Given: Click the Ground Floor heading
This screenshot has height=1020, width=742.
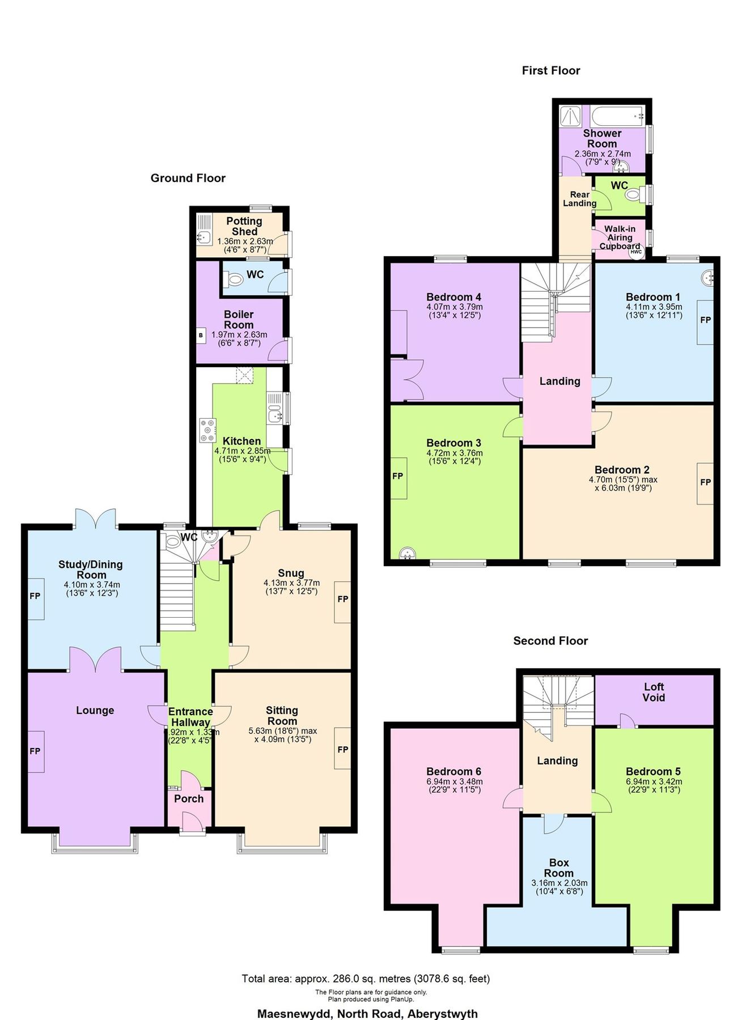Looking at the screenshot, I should (188, 178).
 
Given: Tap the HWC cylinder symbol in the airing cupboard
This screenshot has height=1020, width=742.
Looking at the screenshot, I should (636, 252).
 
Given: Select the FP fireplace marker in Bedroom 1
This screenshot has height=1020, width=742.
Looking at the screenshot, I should (705, 321).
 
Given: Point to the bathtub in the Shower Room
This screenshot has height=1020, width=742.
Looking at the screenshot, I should (617, 116).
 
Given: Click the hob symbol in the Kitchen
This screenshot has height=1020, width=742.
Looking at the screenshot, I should (207, 430).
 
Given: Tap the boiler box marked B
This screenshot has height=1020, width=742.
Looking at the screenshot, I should (201, 335).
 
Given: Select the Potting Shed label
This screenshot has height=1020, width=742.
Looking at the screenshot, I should (244, 226).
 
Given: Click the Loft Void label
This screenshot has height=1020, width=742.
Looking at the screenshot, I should (654, 692).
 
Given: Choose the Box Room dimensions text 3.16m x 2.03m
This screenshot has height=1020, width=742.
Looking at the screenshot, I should (559, 883).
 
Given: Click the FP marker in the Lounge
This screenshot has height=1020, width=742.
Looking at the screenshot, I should (35, 751).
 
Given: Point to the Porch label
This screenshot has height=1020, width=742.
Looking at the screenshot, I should (189, 798).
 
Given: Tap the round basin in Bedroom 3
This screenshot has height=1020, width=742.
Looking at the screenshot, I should (407, 553).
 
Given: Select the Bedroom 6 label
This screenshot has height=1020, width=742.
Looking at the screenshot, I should (453, 771).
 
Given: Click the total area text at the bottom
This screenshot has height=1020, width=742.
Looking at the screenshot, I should (366, 979).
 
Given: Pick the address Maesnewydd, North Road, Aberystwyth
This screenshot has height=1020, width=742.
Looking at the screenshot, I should (367, 1013).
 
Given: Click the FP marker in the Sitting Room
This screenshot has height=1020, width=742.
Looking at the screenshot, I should (342, 750).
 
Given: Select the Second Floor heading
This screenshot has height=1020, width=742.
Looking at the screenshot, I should (550, 641).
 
